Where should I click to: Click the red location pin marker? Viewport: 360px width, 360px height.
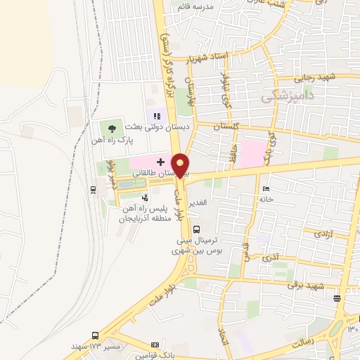(x=181, y=165)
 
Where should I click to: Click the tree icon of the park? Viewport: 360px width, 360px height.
(x=112, y=128)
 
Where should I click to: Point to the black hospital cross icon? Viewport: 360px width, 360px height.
(x=161, y=162)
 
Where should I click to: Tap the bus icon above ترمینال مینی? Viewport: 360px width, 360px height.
(x=195, y=229)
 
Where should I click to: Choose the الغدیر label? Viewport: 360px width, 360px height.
(x=200, y=202)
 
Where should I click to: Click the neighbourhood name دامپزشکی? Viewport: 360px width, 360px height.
(x=286, y=97)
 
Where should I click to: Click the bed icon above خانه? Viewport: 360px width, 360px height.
(x=266, y=189)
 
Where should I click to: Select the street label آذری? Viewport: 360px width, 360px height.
(x=269, y=259)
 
